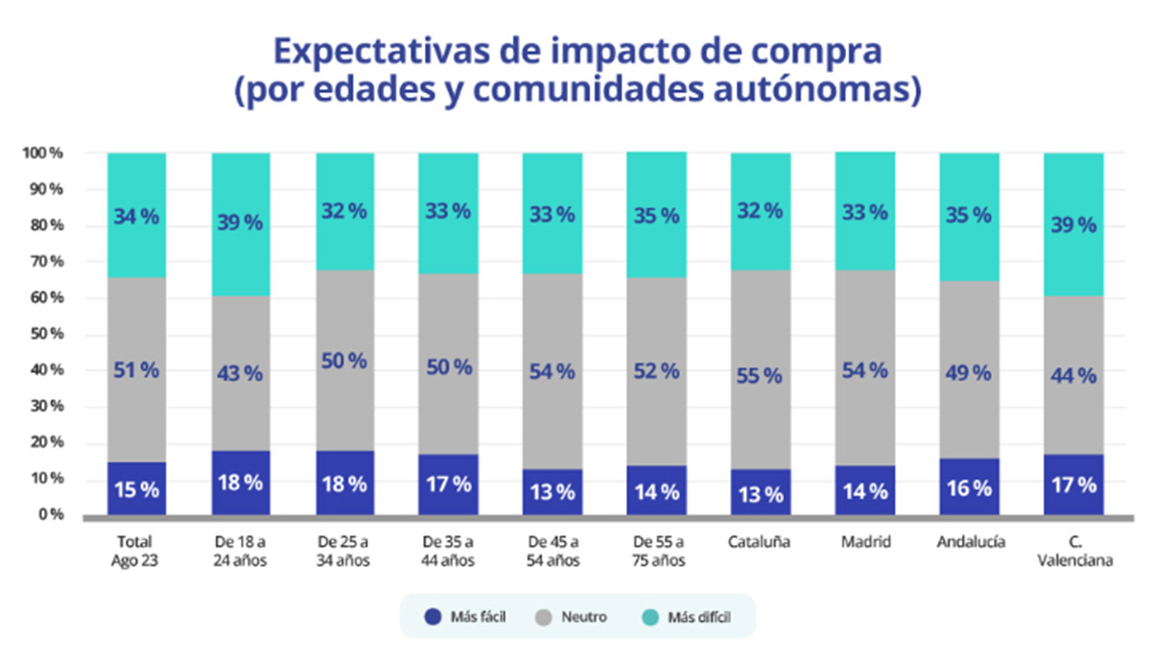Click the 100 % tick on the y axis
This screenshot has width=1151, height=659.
(x=44, y=153)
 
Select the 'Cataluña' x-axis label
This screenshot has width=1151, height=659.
(x=760, y=542)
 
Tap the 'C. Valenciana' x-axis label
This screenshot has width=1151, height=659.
(x=1073, y=551)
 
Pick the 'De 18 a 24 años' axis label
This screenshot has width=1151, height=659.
(x=241, y=551)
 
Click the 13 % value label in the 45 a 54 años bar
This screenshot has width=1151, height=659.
(x=552, y=493)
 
